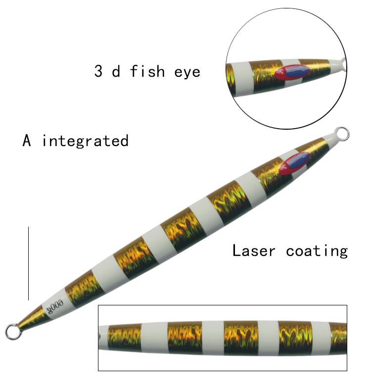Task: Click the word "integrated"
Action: [85, 141]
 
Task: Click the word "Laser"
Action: [253, 250]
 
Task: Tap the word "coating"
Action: [317, 250]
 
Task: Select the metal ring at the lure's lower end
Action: [12, 331]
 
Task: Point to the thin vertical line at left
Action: [28, 263]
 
